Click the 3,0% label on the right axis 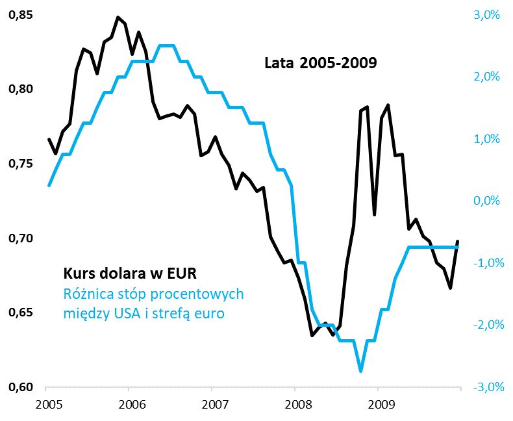pyautogui.click(x=486, y=14)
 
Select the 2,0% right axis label pyautogui.click(x=486, y=77)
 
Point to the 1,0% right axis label pyautogui.click(x=486, y=139)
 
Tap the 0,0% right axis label pyautogui.click(x=486, y=201)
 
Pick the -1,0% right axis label pyautogui.click(x=484, y=263)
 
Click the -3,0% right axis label pyautogui.click(x=484, y=388)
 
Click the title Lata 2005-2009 pyautogui.click(x=321, y=64)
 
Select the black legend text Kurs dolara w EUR pyautogui.click(x=129, y=272)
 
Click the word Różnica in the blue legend pyautogui.click(x=89, y=294)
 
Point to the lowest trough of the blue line pyautogui.click(x=360, y=371)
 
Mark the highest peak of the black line pyautogui.click(x=118, y=18)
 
